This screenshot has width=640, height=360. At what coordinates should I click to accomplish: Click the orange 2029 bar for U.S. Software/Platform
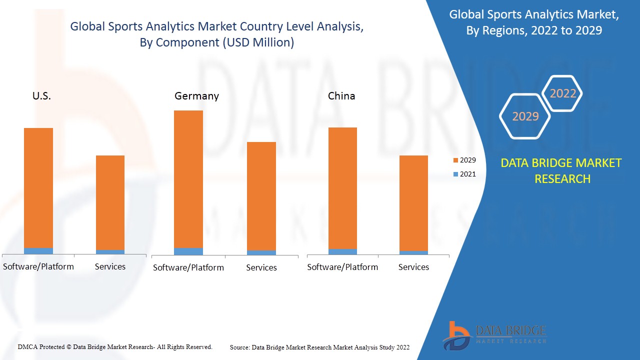[x=38, y=187]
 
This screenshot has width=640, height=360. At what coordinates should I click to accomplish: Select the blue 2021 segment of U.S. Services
[x=110, y=252]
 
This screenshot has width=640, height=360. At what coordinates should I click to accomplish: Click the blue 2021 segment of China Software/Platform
[x=342, y=251]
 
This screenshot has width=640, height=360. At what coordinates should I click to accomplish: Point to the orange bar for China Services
[x=413, y=203]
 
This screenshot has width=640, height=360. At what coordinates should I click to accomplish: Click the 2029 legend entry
[x=464, y=160]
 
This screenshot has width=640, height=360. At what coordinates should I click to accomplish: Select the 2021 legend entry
[x=464, y=174]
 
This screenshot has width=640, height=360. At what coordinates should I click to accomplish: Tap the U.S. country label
[x=41, y=96]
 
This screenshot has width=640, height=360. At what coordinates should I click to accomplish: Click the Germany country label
[x=196, y=96]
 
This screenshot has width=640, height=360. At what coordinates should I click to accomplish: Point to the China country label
[x=341, y=96]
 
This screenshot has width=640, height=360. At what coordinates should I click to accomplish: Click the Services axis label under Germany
[x=261, y=268]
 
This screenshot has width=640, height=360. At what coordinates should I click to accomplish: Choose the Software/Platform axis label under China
[x=342, y=267]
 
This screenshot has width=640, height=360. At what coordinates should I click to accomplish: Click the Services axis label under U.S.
[x=110, y=267]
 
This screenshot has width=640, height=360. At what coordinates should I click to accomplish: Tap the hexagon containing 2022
[x=562, y=93]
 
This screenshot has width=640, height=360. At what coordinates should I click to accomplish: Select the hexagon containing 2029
[x=525, y=116]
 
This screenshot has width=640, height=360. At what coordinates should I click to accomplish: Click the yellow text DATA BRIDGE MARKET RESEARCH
[x=561, y=171]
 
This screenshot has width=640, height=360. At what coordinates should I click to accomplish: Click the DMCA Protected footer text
[x=115, y=347]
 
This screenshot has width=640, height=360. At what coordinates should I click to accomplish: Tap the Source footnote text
[x=319, y=347]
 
